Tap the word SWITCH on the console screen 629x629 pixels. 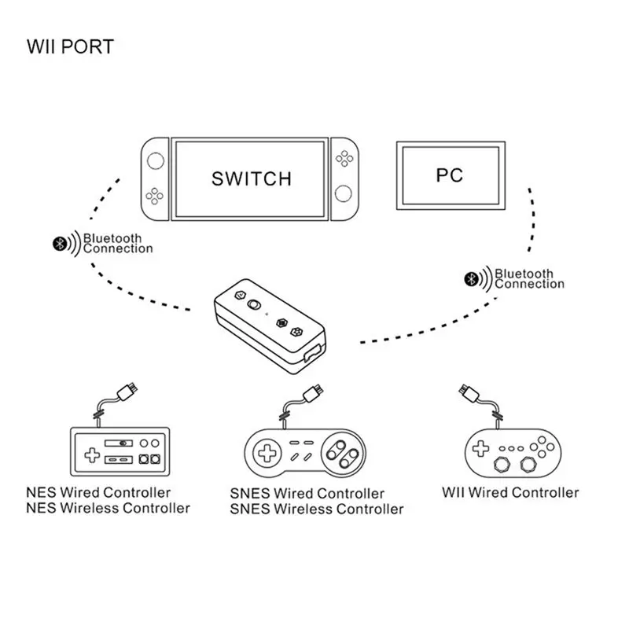click(252, 178)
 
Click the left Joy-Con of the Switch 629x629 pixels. click(156, 178)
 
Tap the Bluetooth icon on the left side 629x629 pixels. click(57, 245)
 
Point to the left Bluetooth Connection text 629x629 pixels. click(118, 244)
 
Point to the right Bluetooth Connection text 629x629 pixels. click(528, 278)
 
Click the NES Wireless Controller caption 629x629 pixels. click(108, 509)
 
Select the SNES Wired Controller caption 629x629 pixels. click(307, 494)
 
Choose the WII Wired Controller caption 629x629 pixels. click(509, 493)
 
